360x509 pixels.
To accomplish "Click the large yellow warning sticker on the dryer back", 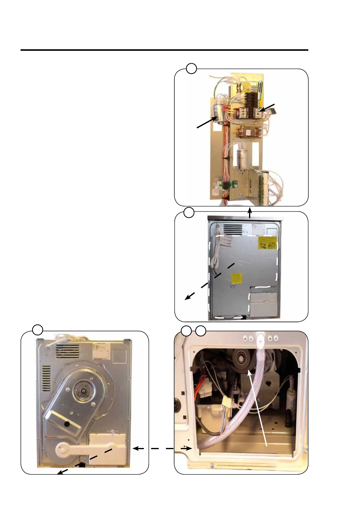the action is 268,243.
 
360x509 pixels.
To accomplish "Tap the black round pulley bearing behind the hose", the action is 242,359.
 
